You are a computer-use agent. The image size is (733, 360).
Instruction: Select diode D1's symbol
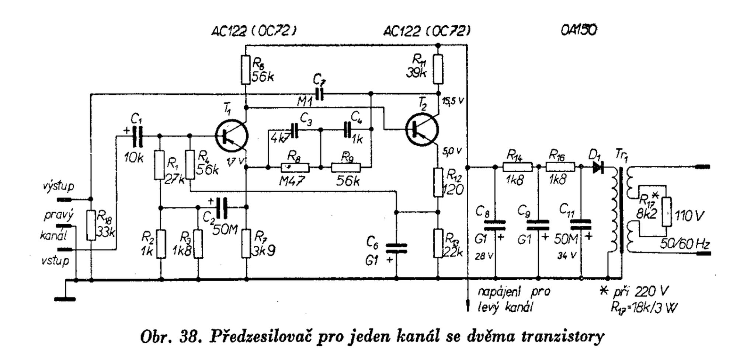(598, 168)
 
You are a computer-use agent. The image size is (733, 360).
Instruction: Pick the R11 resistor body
(438, 69)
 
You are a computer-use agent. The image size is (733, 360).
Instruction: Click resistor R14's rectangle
(517, 168)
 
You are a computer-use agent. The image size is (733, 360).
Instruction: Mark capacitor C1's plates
(137, 137)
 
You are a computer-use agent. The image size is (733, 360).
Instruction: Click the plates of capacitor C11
(580, 225)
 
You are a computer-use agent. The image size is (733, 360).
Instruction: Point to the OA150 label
(578, 30)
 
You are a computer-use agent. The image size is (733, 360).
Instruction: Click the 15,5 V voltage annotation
(453, 101)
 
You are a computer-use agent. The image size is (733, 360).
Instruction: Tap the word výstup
(58, 186)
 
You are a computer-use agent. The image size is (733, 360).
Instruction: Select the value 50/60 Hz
(684, 244)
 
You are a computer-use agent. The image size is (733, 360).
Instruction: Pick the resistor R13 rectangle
(438, 243)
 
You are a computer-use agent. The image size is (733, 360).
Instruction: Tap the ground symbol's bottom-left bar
(65, 299)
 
